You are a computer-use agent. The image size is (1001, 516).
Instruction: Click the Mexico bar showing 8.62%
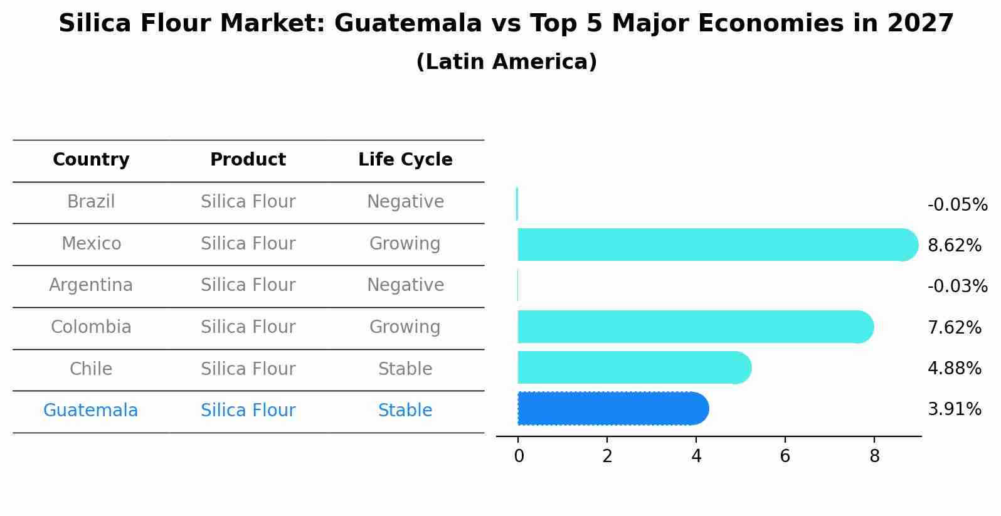tap(715, 245)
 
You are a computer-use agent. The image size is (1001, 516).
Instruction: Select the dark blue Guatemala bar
tap(612, 409)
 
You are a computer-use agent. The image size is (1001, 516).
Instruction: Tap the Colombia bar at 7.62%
tap(693, 327)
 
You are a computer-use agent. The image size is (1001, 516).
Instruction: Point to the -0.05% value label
tap(957, 205)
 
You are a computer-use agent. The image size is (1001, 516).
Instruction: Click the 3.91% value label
tap(954, 409)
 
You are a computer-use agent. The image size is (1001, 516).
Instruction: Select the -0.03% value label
tap(957, 287)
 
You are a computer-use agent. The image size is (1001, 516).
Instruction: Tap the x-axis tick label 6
tap(785, 456)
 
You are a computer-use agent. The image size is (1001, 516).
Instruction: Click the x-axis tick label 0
tap(519, 456)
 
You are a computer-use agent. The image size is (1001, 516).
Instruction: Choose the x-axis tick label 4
tap(696, 456)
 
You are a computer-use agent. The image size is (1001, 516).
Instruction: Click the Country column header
tap(91, 160)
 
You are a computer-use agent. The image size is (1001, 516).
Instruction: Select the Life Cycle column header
tap(405, 160)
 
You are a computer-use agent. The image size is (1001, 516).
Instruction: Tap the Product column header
tap(248, 160)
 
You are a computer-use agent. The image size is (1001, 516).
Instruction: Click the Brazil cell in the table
tap(91, 202)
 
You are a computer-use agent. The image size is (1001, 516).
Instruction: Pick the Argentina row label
tap(91, 285)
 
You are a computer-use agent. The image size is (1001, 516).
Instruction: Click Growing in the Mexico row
tap(405, 244)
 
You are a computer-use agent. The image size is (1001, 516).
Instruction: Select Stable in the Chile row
tap(405, 369)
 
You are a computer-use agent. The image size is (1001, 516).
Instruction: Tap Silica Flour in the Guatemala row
tap(248, 411)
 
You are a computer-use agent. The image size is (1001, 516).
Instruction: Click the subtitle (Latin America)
tap(506, 62)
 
